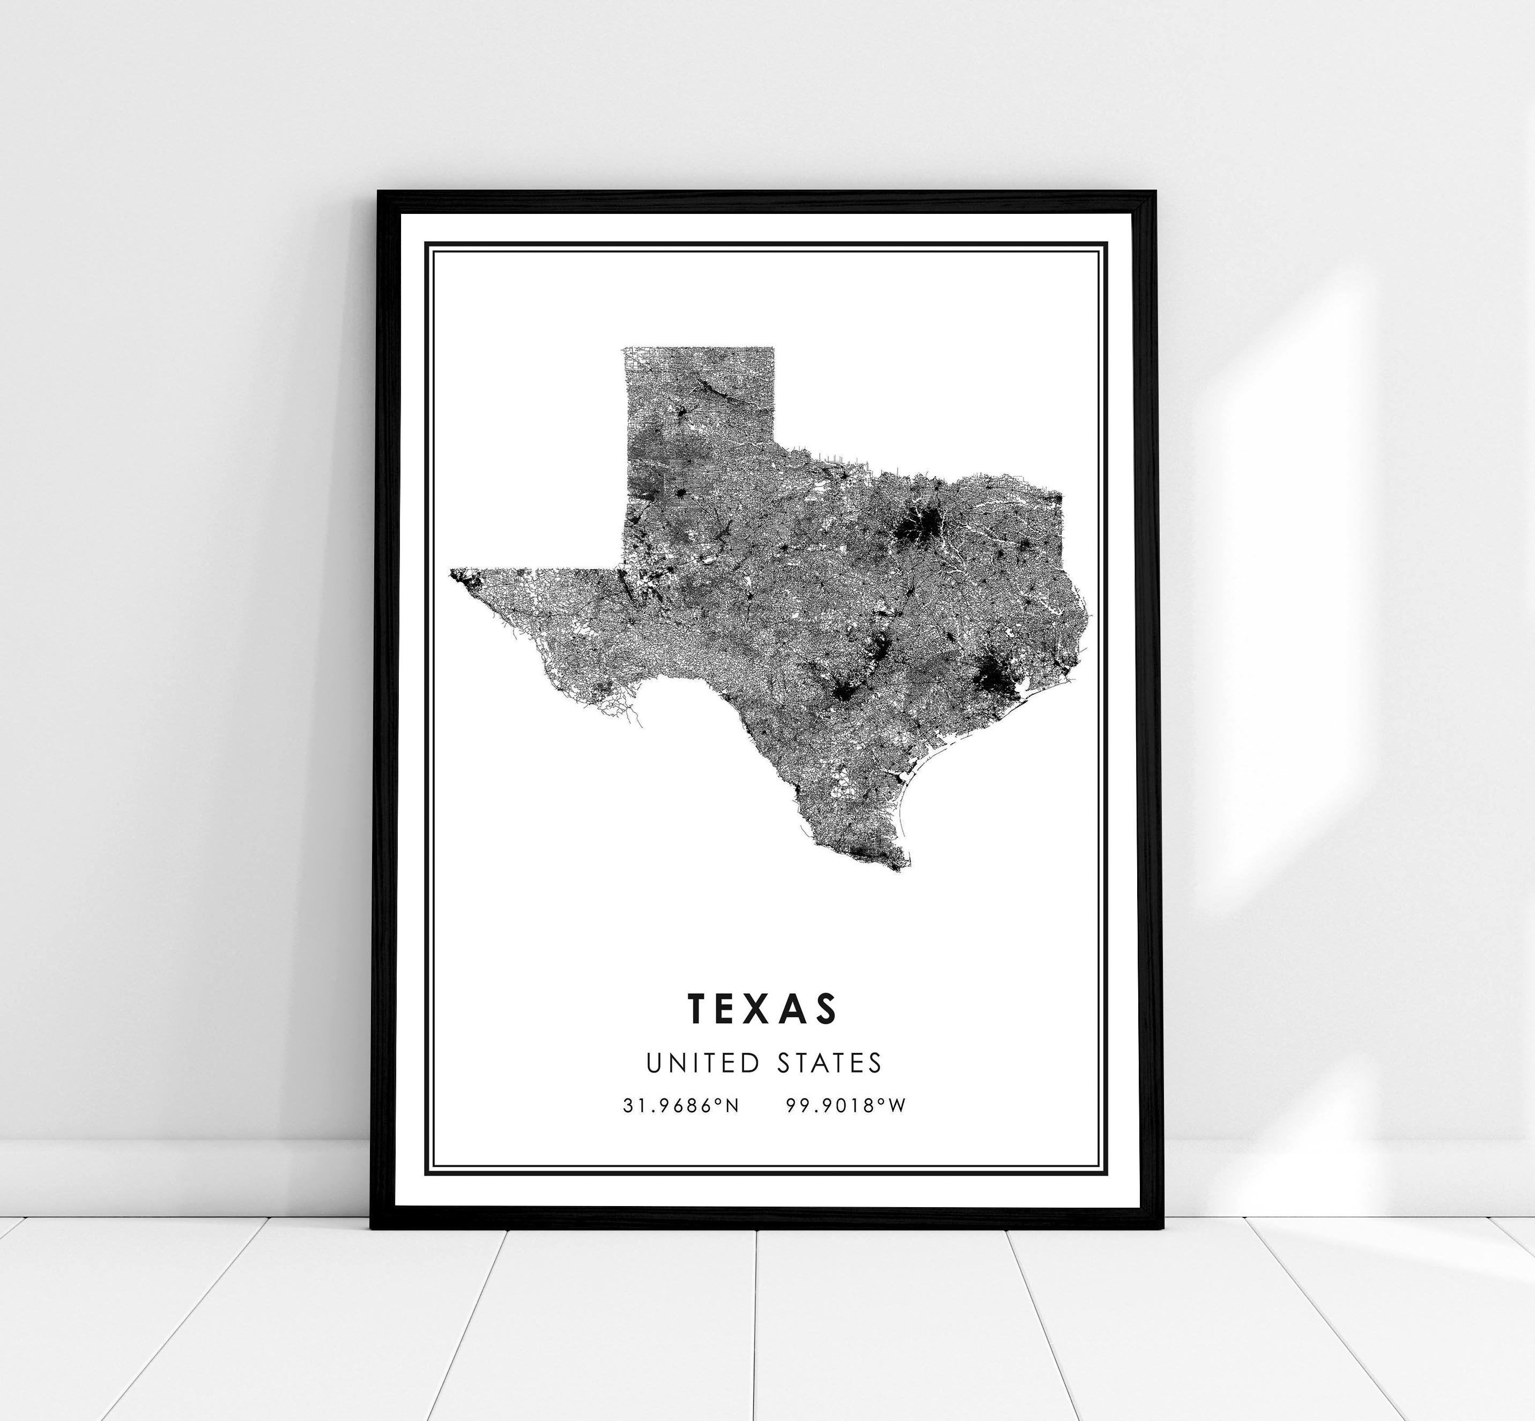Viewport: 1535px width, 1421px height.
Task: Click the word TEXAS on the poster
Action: (762, 1008)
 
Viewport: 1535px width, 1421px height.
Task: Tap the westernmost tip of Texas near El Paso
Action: (452, 571)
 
